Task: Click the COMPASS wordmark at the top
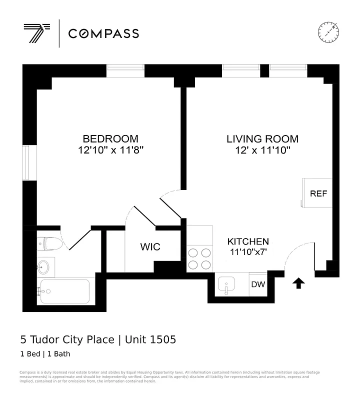pos(103,33)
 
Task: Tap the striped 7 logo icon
pos(36,33)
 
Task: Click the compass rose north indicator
pos(328,32)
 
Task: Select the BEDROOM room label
pos(110,139)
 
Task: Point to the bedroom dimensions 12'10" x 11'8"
pos(110,150)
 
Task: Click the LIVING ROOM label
pos(262,139)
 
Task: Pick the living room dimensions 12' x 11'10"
pos(262,150)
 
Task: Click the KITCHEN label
pos(248,241)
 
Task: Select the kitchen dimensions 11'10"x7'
pos(248,252)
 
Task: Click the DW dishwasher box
pos(258,284)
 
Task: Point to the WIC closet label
pos(150,247)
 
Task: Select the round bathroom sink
pos(45,266)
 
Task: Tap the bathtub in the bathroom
pos(64,291)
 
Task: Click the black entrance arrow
pos(298,284)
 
